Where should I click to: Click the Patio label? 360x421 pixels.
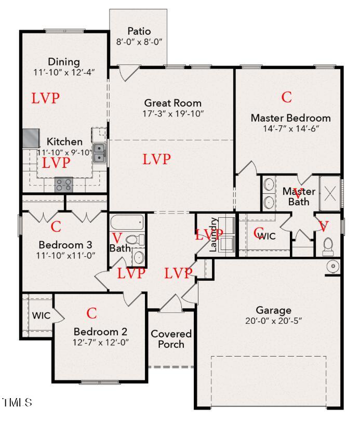click(x=139, y=31)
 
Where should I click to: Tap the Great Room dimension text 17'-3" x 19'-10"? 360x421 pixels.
click(x=174, y=113)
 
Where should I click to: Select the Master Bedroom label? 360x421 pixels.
click(x=290, y=118)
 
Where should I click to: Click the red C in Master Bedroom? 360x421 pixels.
click(x=286, y=97)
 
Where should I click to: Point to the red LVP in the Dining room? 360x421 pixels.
click(x=45, y=98)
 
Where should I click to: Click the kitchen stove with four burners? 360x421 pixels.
click(x=64, y=184)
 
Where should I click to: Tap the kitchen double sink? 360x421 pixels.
click(x=100, y=154)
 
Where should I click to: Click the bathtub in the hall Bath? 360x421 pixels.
click(x=127, y=223)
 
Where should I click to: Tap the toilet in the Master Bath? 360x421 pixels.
click(x=328, y=245)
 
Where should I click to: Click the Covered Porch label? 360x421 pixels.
click(x=170, y=339)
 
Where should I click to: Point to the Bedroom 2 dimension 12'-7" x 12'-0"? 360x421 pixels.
click(x=100, y=342)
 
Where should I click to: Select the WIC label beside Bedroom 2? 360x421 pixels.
click(x=41, y=315)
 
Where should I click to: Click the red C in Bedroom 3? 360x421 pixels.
click(x=56, y=227)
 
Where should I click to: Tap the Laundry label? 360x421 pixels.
click(x=212, y=235)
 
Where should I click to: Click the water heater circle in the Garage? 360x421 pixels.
click(x=333, y=267)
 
